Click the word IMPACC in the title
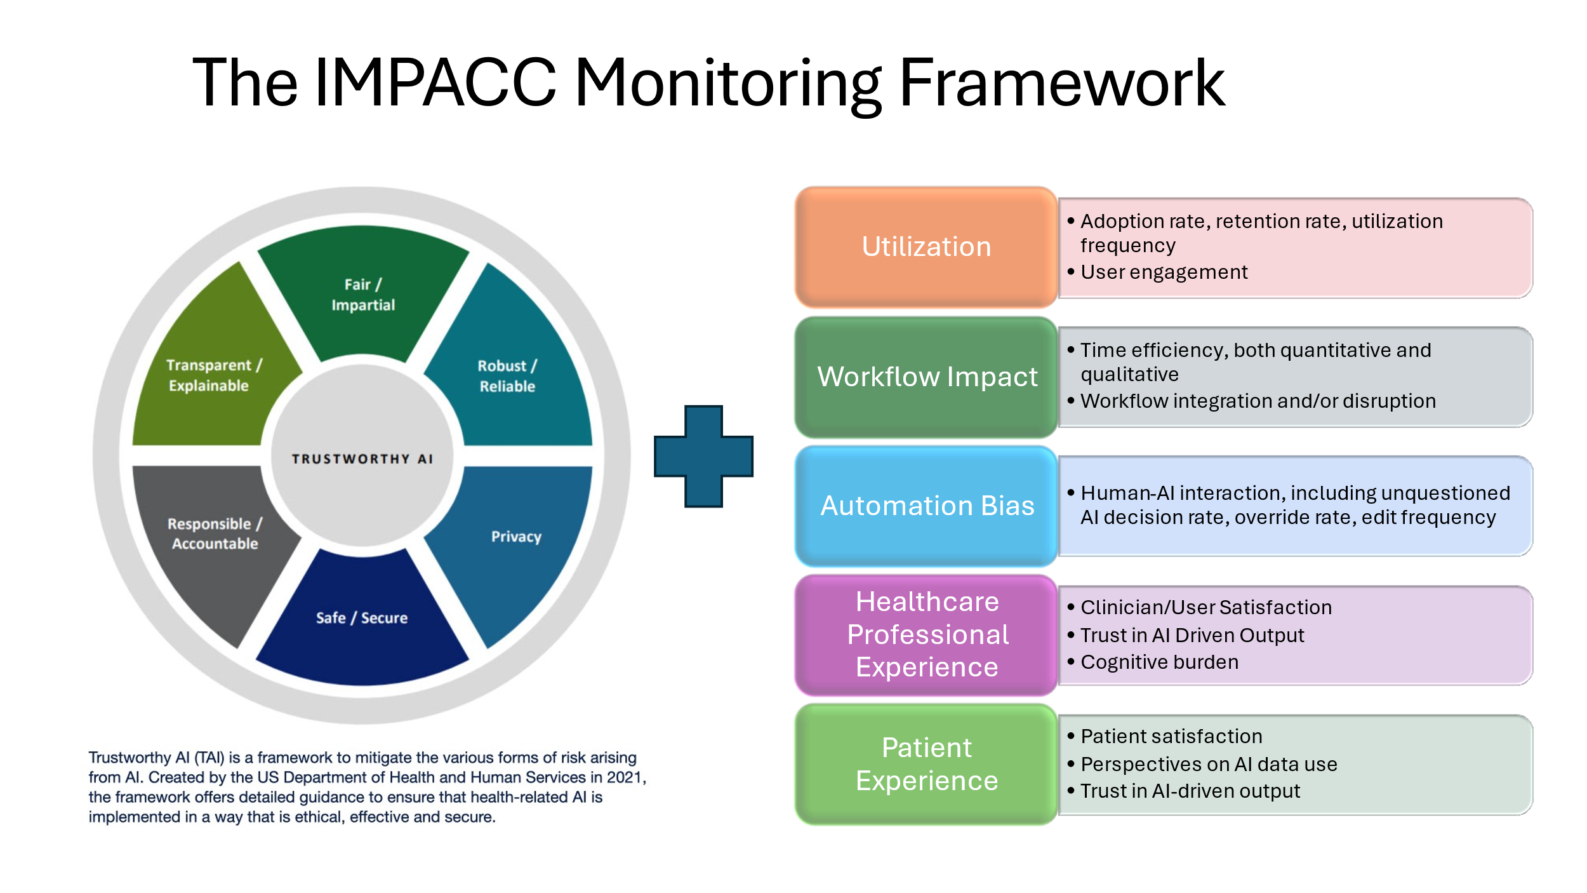tap(435, 83)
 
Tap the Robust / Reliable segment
tap(507, 375)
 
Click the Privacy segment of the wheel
tap(516, 537)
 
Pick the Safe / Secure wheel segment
tap(362, 617)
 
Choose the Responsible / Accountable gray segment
tap(215, 534)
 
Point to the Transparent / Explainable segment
tap(213, 375)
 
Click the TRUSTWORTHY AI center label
tap(362, 459)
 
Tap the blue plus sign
tap(703, 456)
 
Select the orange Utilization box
tap(926, 246)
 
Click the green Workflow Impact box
tap(926, 377)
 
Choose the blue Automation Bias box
tap(926, 506)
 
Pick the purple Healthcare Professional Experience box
tap(926, 634)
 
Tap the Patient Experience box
tap(926, 764)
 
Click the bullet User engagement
tap(1164, 272)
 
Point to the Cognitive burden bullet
tap(1159, 662)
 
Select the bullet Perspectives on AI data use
tap(1209, 764)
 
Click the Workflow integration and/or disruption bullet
tap(1258, 401)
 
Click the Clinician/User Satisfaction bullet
tap(1205, 607)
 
